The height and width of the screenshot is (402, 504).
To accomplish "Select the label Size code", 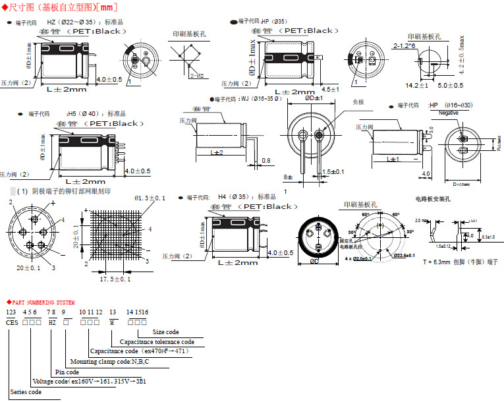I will coord(165,332).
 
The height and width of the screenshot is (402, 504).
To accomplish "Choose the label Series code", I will coord(26,391).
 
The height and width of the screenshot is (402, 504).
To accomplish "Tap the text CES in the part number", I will coord(11,321).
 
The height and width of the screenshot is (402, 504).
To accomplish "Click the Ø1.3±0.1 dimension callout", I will coord(150,197).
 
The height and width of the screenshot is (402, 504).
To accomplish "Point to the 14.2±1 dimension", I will coord(417,86).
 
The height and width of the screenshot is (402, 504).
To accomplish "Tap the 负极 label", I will coord(358,102).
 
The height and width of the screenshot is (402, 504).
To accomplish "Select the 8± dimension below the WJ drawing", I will coord(287,177).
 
